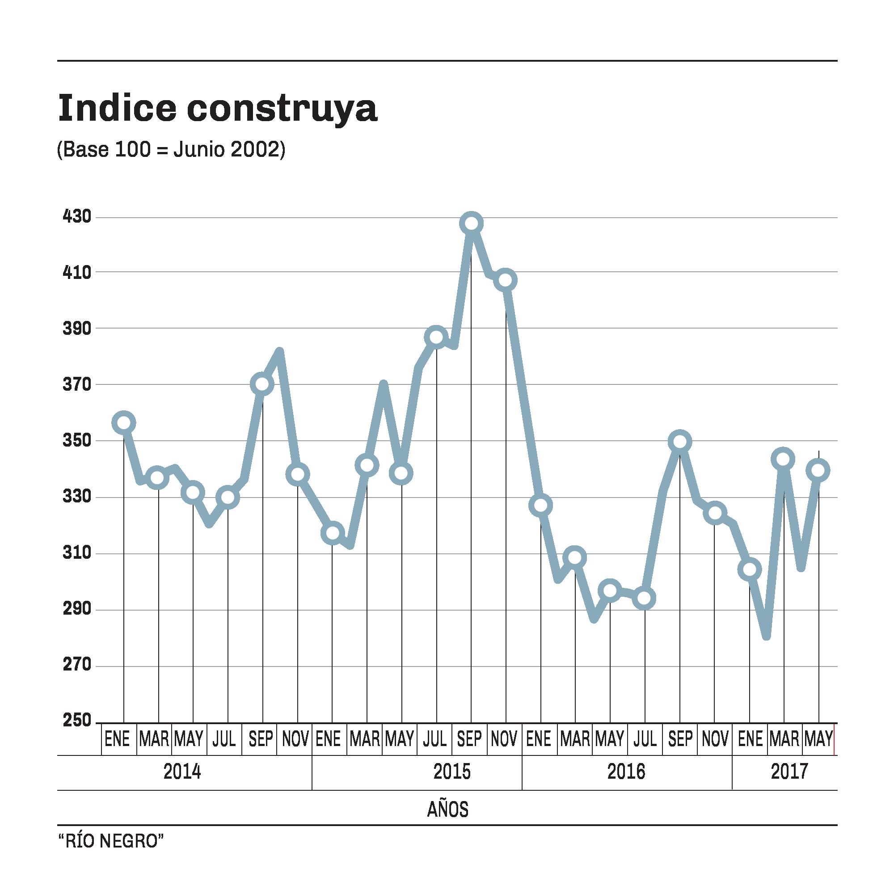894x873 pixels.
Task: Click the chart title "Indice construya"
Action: click(x=217, y=108)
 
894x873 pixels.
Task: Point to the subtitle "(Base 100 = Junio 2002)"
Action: click(x=171, y=149)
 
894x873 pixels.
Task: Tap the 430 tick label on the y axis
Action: click(x=77, y=216)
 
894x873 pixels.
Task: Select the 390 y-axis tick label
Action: click(x=77, y=328)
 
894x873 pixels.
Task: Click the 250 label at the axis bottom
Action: click(x=77, y=720)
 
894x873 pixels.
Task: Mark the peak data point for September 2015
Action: click(x=471, y=224)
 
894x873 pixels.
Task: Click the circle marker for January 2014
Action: click(x=124, y=423)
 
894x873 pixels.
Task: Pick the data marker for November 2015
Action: click(x=506, y=280)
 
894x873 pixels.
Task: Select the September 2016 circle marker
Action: click(x=680, y=442)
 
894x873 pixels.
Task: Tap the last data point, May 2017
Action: click(x=819, y=470)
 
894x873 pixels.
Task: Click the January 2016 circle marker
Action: click(x=540, y=505)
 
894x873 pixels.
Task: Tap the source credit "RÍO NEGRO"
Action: click(x=111, y=841)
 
